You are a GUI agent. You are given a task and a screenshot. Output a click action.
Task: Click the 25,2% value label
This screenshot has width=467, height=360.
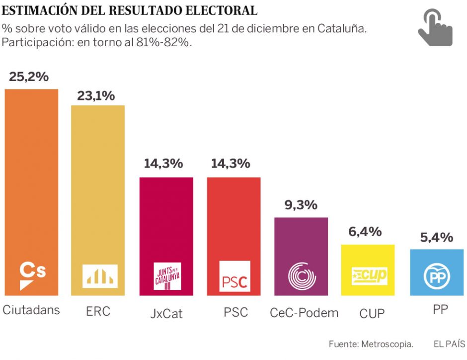click(29, 77)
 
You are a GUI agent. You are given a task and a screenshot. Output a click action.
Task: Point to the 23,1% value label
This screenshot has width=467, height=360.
click(96, 95)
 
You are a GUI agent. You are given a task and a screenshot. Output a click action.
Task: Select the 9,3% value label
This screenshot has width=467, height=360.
click(301, 205)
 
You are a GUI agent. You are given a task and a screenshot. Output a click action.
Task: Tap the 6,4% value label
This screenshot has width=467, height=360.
click(365, 232)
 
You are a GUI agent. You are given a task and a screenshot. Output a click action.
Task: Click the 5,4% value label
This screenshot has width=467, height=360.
click(436, 237)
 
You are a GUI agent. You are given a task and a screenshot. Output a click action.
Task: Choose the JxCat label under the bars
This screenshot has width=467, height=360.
click(166, 313)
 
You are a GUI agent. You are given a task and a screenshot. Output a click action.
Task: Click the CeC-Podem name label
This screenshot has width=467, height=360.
click(304, 312)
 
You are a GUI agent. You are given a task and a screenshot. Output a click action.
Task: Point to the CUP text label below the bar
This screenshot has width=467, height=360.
click(372, 313)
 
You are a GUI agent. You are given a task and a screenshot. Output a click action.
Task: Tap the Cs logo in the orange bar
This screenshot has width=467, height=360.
click(32, 275)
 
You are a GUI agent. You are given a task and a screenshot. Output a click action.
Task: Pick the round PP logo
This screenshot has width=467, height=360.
click(437, 277)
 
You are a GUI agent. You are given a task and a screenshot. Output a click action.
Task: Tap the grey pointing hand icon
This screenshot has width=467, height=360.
click(435, 28)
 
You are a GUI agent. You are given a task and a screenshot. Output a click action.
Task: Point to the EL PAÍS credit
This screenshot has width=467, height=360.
click(449, 344)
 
